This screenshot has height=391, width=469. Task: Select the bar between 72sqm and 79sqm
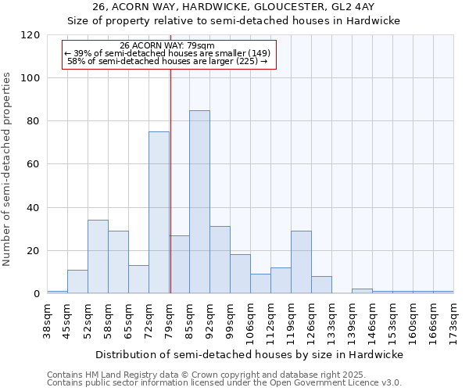click(x=159, y=213)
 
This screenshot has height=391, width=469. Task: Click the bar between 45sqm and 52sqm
click(x=77, y=282)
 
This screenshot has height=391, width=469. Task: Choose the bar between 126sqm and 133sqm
click(x=321, y=285)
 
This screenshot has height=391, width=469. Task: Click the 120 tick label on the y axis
click(x=30, y=35)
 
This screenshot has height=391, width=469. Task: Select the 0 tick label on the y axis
click(x=37, y=294)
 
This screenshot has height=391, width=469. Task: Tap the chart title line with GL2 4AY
click(x=234, y=6)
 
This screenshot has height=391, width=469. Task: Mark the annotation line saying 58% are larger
click(x=167, y=61)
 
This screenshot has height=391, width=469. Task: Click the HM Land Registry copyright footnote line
click(x=224, y=375)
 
